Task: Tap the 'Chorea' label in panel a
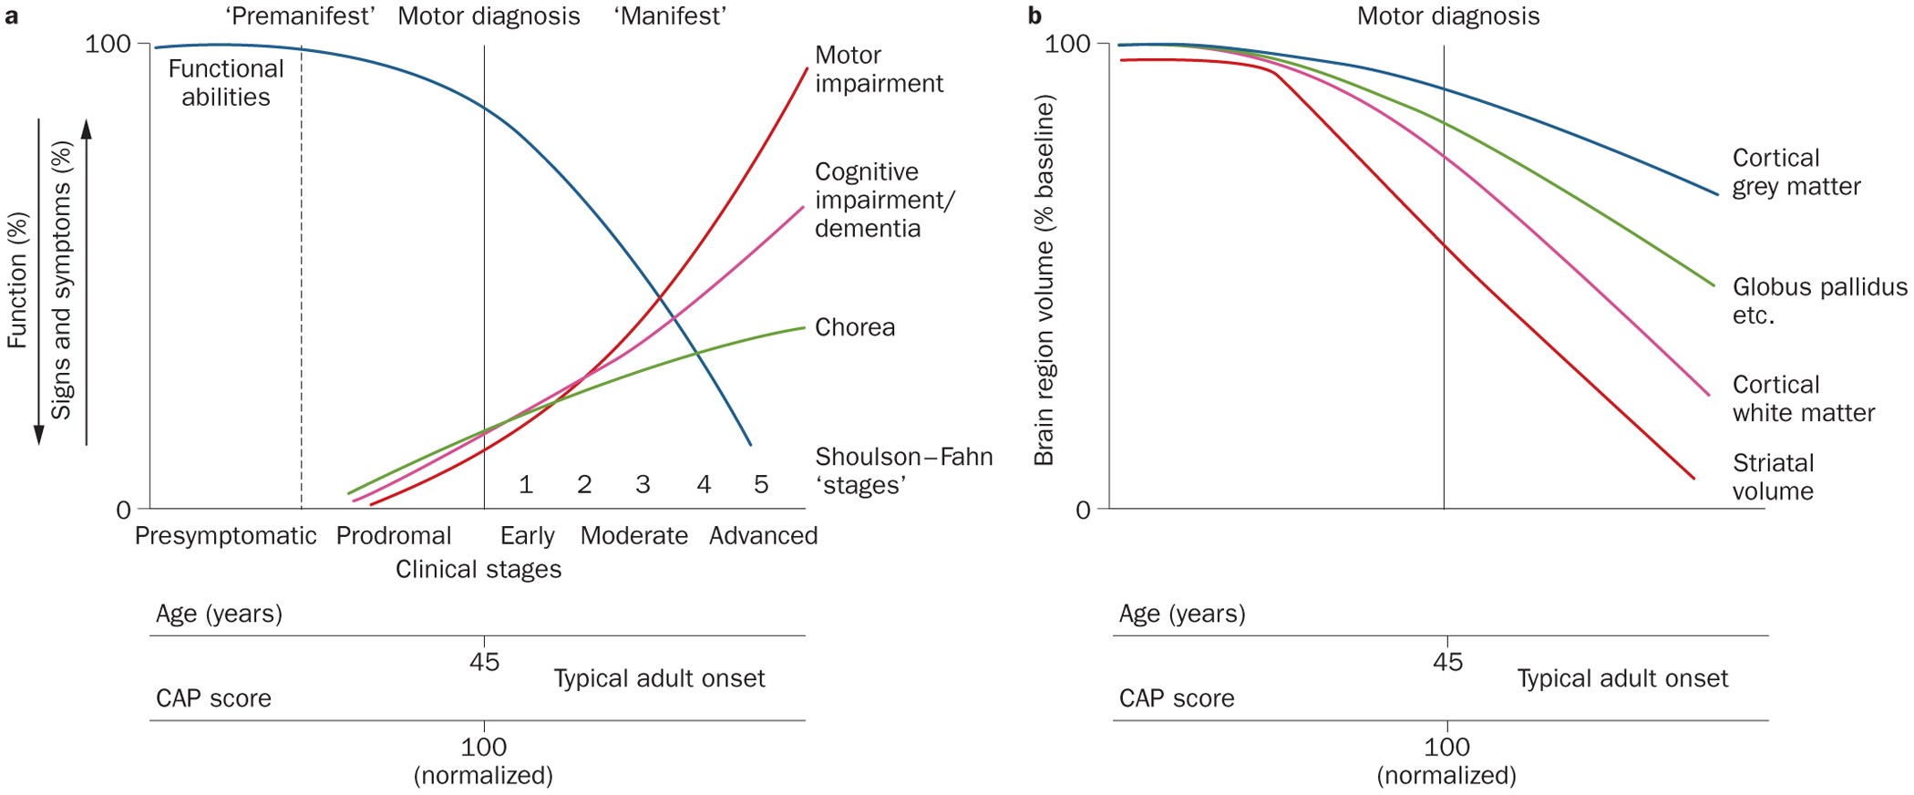854,327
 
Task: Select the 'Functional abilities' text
225,83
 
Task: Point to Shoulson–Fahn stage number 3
643,484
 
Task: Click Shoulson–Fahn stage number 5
761,484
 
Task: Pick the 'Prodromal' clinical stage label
393,535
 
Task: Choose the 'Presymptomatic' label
225,535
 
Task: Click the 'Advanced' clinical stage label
763,535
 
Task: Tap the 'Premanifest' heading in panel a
300,16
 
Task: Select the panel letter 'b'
1034,16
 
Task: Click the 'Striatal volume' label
1773,477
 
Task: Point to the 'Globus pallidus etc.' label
1818,301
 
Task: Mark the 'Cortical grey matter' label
1796,171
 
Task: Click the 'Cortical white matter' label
1803,398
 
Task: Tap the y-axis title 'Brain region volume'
1044,281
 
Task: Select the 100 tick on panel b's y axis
1067,44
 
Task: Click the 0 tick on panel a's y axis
123,510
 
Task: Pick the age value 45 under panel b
1446,662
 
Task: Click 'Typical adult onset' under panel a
659,678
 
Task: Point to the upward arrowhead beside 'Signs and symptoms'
87,129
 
